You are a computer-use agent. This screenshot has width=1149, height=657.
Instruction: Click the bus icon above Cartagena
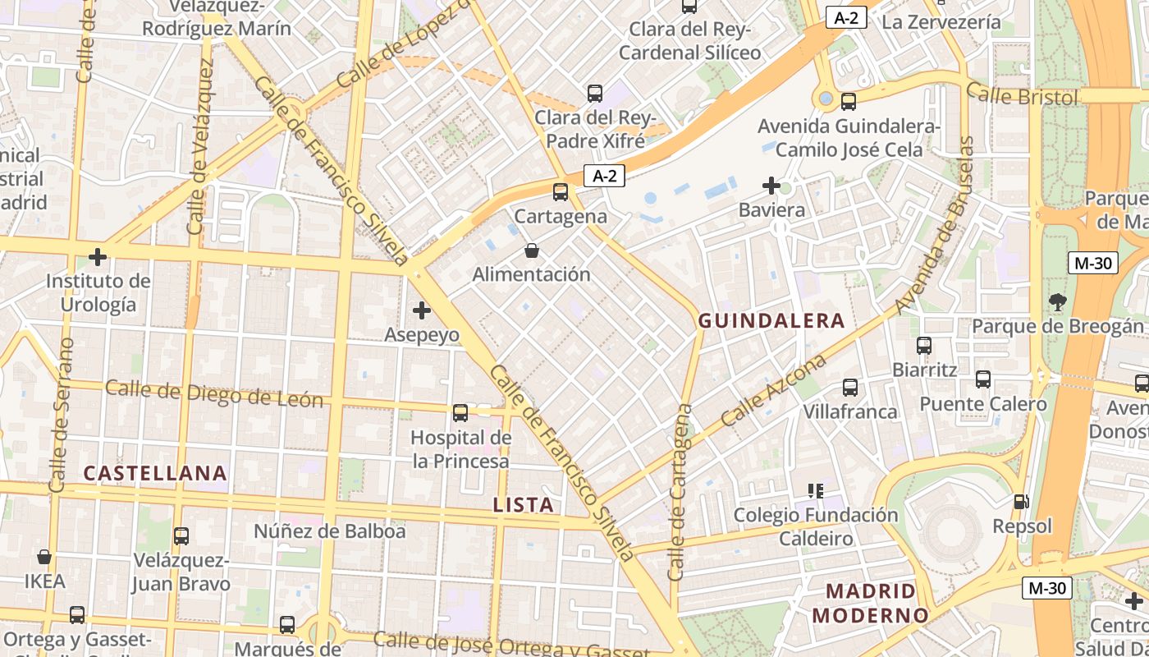click(x=561, y=192)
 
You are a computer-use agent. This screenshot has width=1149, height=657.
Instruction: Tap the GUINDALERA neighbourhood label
click(x=771, y=321)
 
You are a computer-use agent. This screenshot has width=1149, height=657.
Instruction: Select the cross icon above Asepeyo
click(x=422, y=310)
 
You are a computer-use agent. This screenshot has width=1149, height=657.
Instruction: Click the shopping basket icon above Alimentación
click(x=532, y=250)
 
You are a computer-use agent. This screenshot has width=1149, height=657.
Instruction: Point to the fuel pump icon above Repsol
click(x=1022, y=501)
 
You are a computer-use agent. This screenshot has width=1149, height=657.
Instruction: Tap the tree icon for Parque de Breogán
click(x=1057, y=302)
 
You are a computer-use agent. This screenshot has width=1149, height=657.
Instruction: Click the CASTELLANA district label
click(x=155, y=473)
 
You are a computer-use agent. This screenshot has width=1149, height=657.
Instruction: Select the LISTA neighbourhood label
click(x=524, y=505)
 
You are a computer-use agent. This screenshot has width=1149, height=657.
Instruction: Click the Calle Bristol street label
click(x=1022, y=95)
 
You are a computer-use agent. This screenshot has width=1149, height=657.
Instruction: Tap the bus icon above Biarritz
click(x=924, y=346)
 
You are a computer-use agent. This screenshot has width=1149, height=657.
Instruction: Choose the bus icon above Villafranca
click(x=850, y=387)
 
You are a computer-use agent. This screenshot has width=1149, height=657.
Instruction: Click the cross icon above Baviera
click(x=771, y=186)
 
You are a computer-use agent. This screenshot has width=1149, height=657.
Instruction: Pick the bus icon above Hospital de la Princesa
click(x=460, y=412)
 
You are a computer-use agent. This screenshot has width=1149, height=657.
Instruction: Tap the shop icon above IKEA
click(x=44, y=557)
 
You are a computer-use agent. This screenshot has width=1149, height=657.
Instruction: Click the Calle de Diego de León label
click(x=214, y=394)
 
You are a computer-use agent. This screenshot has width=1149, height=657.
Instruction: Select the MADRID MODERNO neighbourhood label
click(x=870, y=603)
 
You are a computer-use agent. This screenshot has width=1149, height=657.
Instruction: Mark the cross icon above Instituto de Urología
click(x=98, y=257)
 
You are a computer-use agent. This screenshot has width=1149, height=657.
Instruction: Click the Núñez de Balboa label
click(x=330, y=531)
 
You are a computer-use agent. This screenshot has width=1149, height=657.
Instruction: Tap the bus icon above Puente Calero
click(x=983, y=379)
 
